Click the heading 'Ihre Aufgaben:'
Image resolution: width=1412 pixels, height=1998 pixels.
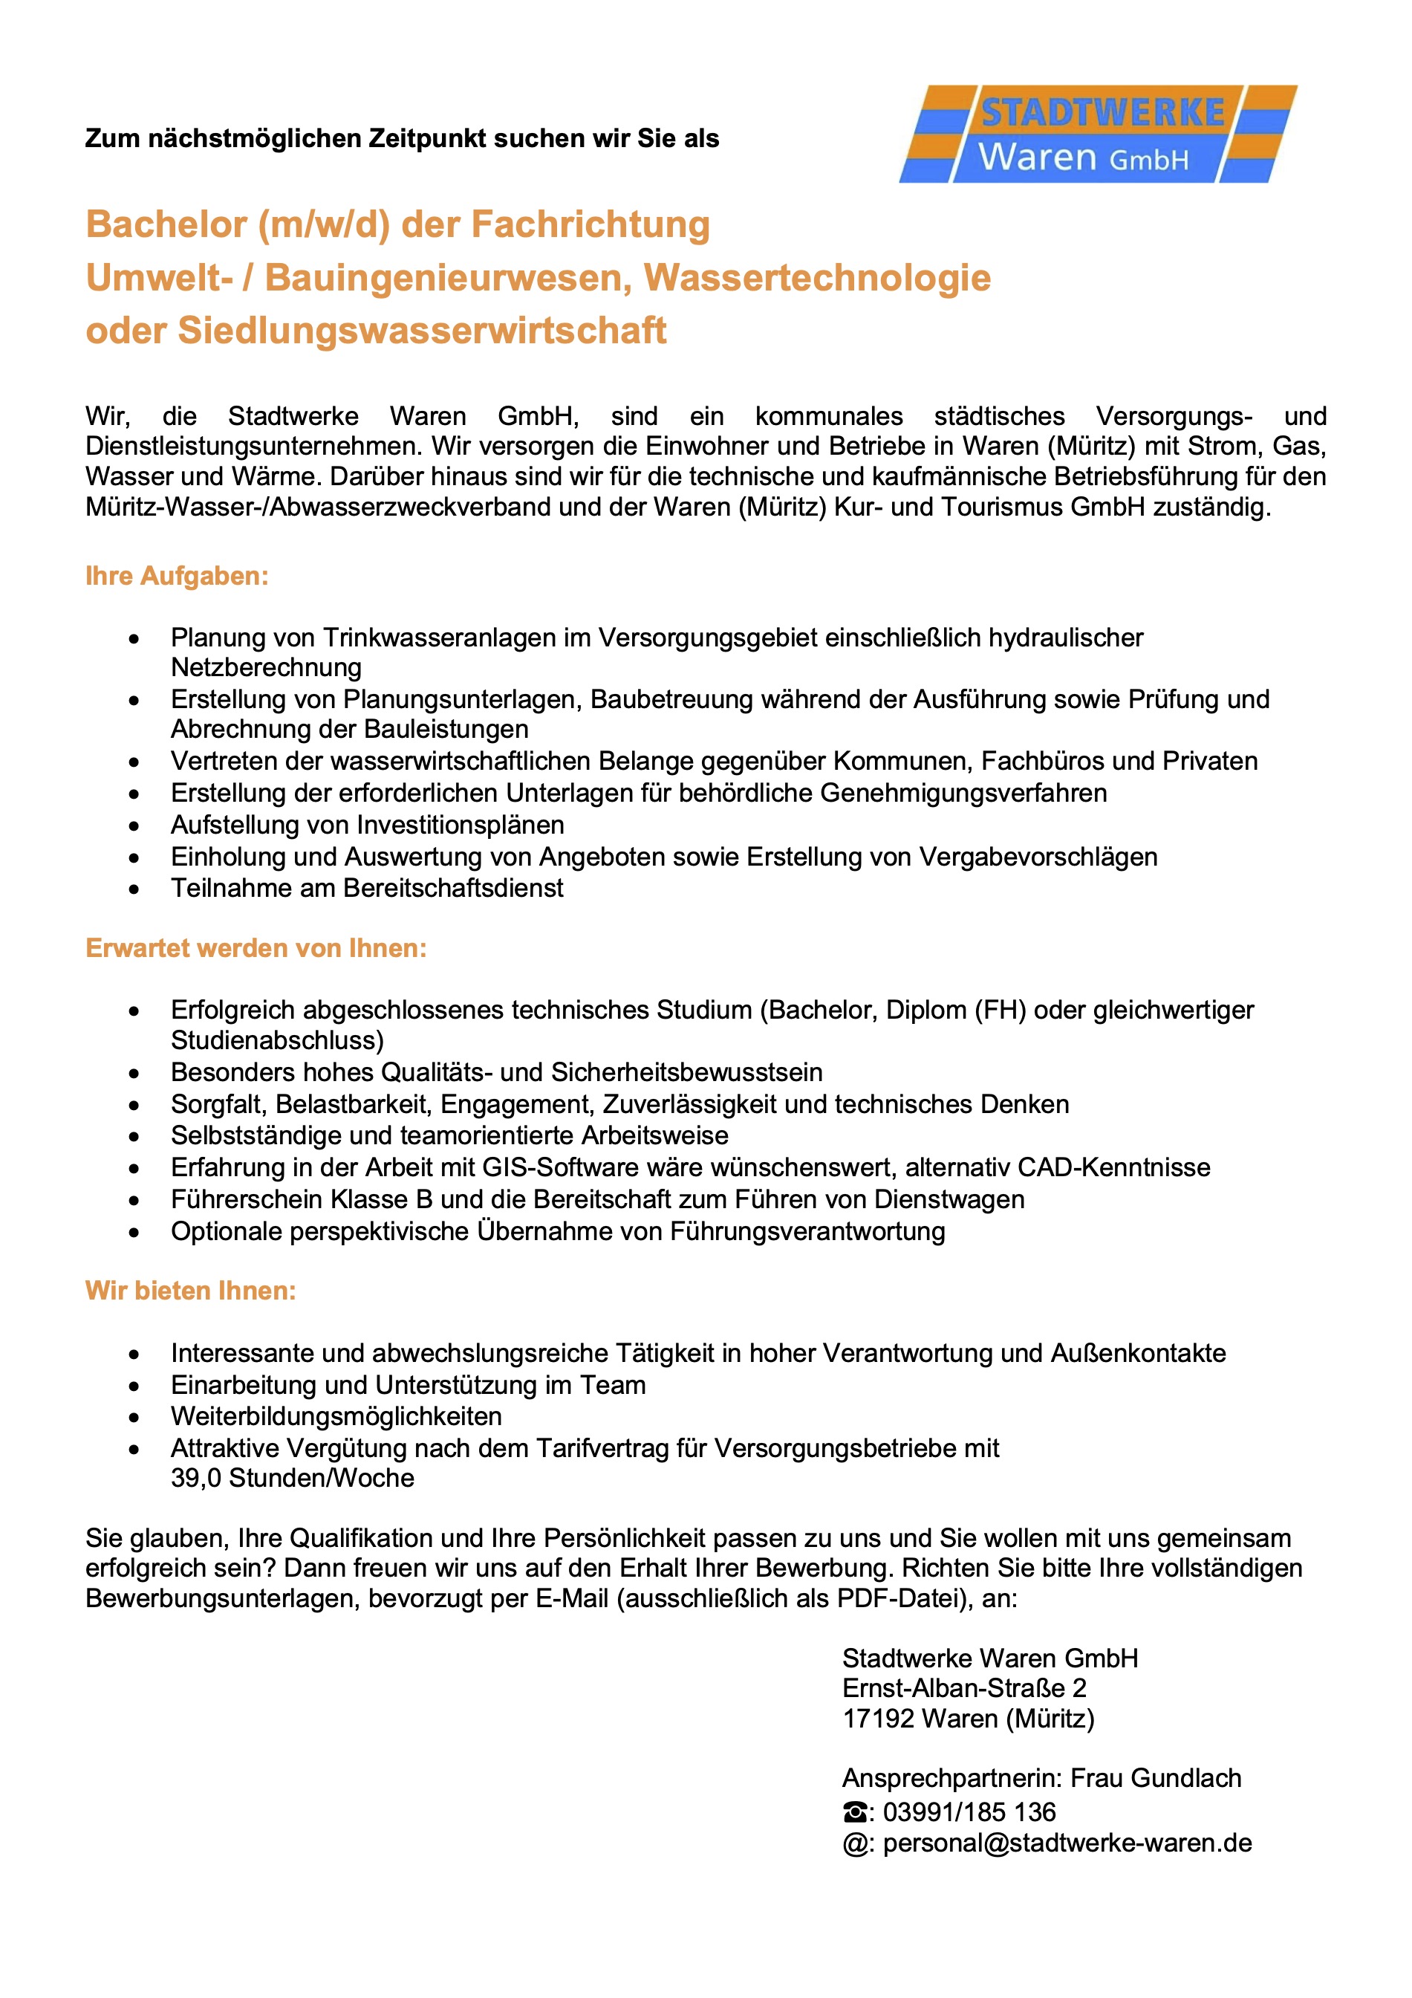[x=177, y=576]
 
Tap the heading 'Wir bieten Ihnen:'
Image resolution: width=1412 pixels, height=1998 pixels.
[x=191, y=1291]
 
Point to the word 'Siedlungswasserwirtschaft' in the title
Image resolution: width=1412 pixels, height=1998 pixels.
[x=422, y=331]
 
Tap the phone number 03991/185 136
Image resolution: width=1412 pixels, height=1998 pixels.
[x=969, y=1812]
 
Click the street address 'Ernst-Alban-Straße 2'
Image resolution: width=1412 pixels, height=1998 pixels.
[x=964, y=1688]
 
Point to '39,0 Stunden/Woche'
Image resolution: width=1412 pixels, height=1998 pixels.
[x=293, y=1478]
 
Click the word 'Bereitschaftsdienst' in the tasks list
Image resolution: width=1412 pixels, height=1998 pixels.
[x=453, y=888]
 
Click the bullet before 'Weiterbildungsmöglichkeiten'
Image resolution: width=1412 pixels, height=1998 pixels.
[x=134, y=1418]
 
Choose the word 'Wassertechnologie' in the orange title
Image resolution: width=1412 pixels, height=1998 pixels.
[x=817, y=279]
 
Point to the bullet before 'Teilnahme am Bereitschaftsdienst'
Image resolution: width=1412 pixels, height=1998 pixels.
[x=134, y=889]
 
